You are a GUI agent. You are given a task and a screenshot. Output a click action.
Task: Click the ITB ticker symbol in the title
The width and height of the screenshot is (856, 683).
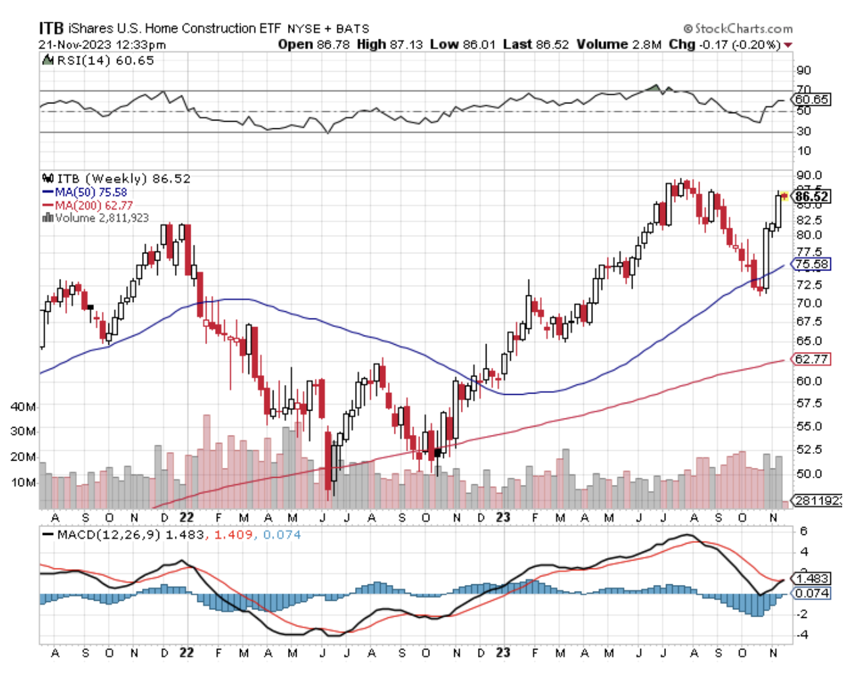(x=51, y=28)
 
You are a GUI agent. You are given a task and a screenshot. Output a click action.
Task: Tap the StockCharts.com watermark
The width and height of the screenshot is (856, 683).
(x=738, y=29)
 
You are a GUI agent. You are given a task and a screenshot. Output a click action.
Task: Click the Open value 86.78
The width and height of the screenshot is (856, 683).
(x=332, y=45)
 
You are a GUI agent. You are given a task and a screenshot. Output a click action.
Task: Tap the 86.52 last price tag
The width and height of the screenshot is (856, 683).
(x=811, y=196)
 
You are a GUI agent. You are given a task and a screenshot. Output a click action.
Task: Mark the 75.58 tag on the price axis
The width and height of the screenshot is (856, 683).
(x=811, y=265)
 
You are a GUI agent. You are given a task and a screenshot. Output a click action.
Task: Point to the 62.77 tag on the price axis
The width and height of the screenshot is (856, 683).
(x=811, y=359)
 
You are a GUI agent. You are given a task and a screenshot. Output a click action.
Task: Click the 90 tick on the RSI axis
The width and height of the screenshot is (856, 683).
(x=803, y=70)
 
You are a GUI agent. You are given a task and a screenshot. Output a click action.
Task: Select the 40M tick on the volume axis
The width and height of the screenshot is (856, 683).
(x=23, y=407)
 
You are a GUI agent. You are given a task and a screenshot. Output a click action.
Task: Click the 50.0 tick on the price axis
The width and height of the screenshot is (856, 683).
(x=809, y=474)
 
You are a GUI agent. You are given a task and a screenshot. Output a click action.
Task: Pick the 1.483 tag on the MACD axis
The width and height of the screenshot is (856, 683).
(x=812, y=578)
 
